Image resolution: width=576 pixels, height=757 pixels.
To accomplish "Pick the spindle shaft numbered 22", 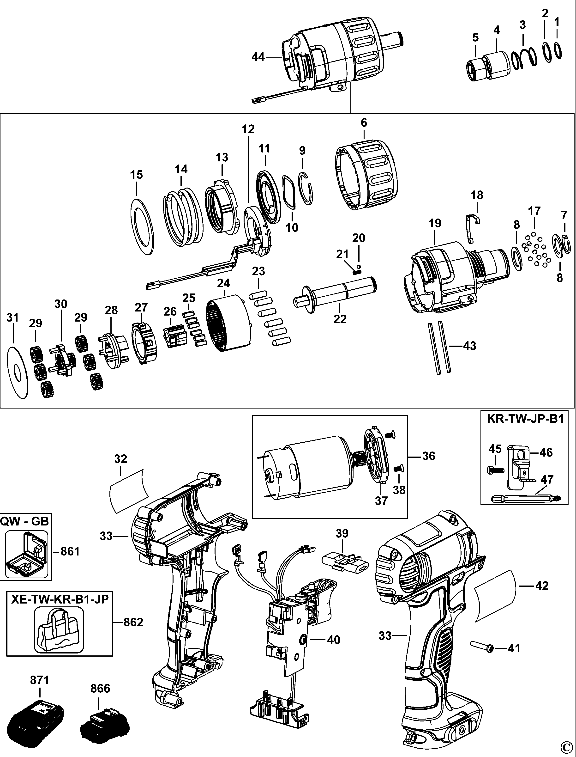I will click(336, 291).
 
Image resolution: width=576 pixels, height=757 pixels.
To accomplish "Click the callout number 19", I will click(435, 223).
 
